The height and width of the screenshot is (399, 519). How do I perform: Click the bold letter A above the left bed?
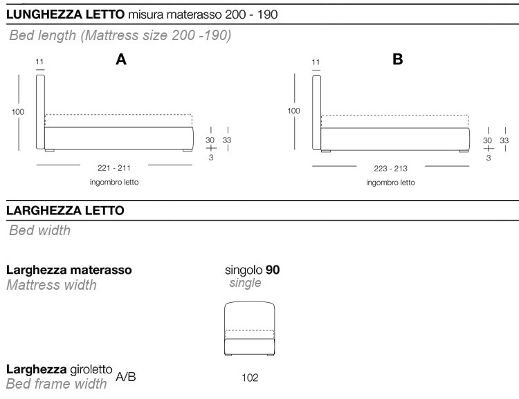coord(121,59)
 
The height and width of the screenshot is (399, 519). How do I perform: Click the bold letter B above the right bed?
coord(397,59)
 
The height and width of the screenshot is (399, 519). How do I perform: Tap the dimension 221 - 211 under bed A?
coord(114,168)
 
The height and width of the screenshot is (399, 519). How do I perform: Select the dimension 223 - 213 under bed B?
coord(390,169)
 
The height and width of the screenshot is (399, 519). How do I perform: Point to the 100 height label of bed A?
coord(18,112)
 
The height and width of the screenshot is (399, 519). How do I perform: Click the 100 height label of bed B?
coord(293,111)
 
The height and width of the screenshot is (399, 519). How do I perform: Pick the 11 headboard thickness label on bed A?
coord(39,62)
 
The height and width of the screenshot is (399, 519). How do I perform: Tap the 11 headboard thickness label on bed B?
coord(316,62)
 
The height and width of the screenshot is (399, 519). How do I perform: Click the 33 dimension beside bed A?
coord(227,140)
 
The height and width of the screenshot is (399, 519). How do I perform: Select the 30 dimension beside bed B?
coord(487,140)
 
